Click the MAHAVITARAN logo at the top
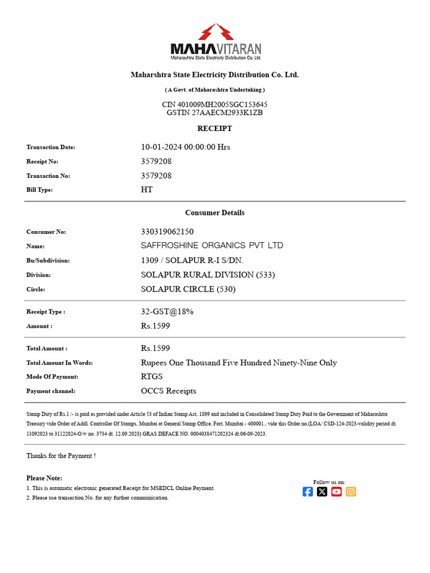215,42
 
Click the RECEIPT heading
214,129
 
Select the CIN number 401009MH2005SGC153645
214,105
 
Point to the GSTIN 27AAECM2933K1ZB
214,112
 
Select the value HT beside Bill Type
147,190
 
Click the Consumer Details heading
214,213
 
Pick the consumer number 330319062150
167,232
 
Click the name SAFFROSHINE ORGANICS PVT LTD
212,246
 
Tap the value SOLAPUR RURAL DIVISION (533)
208,275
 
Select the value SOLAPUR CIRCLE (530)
188,289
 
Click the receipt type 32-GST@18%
167,312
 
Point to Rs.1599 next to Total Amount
155,348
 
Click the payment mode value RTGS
152,377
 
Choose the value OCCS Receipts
169,391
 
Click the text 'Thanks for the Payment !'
61,456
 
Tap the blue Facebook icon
307,492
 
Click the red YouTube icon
336,492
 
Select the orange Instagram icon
350,492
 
